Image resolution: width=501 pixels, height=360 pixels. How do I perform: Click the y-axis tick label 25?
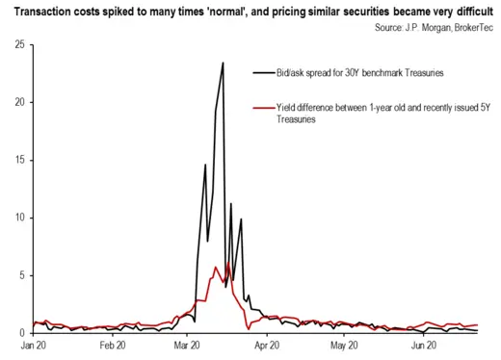point(19,44)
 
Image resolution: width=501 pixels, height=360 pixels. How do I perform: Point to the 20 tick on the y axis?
point(19,102)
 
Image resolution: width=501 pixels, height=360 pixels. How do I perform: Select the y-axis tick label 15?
point(19,160)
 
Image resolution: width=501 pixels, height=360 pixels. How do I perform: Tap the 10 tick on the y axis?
point(19,218)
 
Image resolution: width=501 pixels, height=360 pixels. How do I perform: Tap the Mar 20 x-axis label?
point(187,344)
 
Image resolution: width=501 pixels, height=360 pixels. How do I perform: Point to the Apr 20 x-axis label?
point(266,344)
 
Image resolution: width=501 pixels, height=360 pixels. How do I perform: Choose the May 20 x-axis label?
point(343,344)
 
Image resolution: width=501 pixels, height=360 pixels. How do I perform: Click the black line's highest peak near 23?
point(223,64)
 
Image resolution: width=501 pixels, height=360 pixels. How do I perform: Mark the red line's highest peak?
point(227,264)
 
